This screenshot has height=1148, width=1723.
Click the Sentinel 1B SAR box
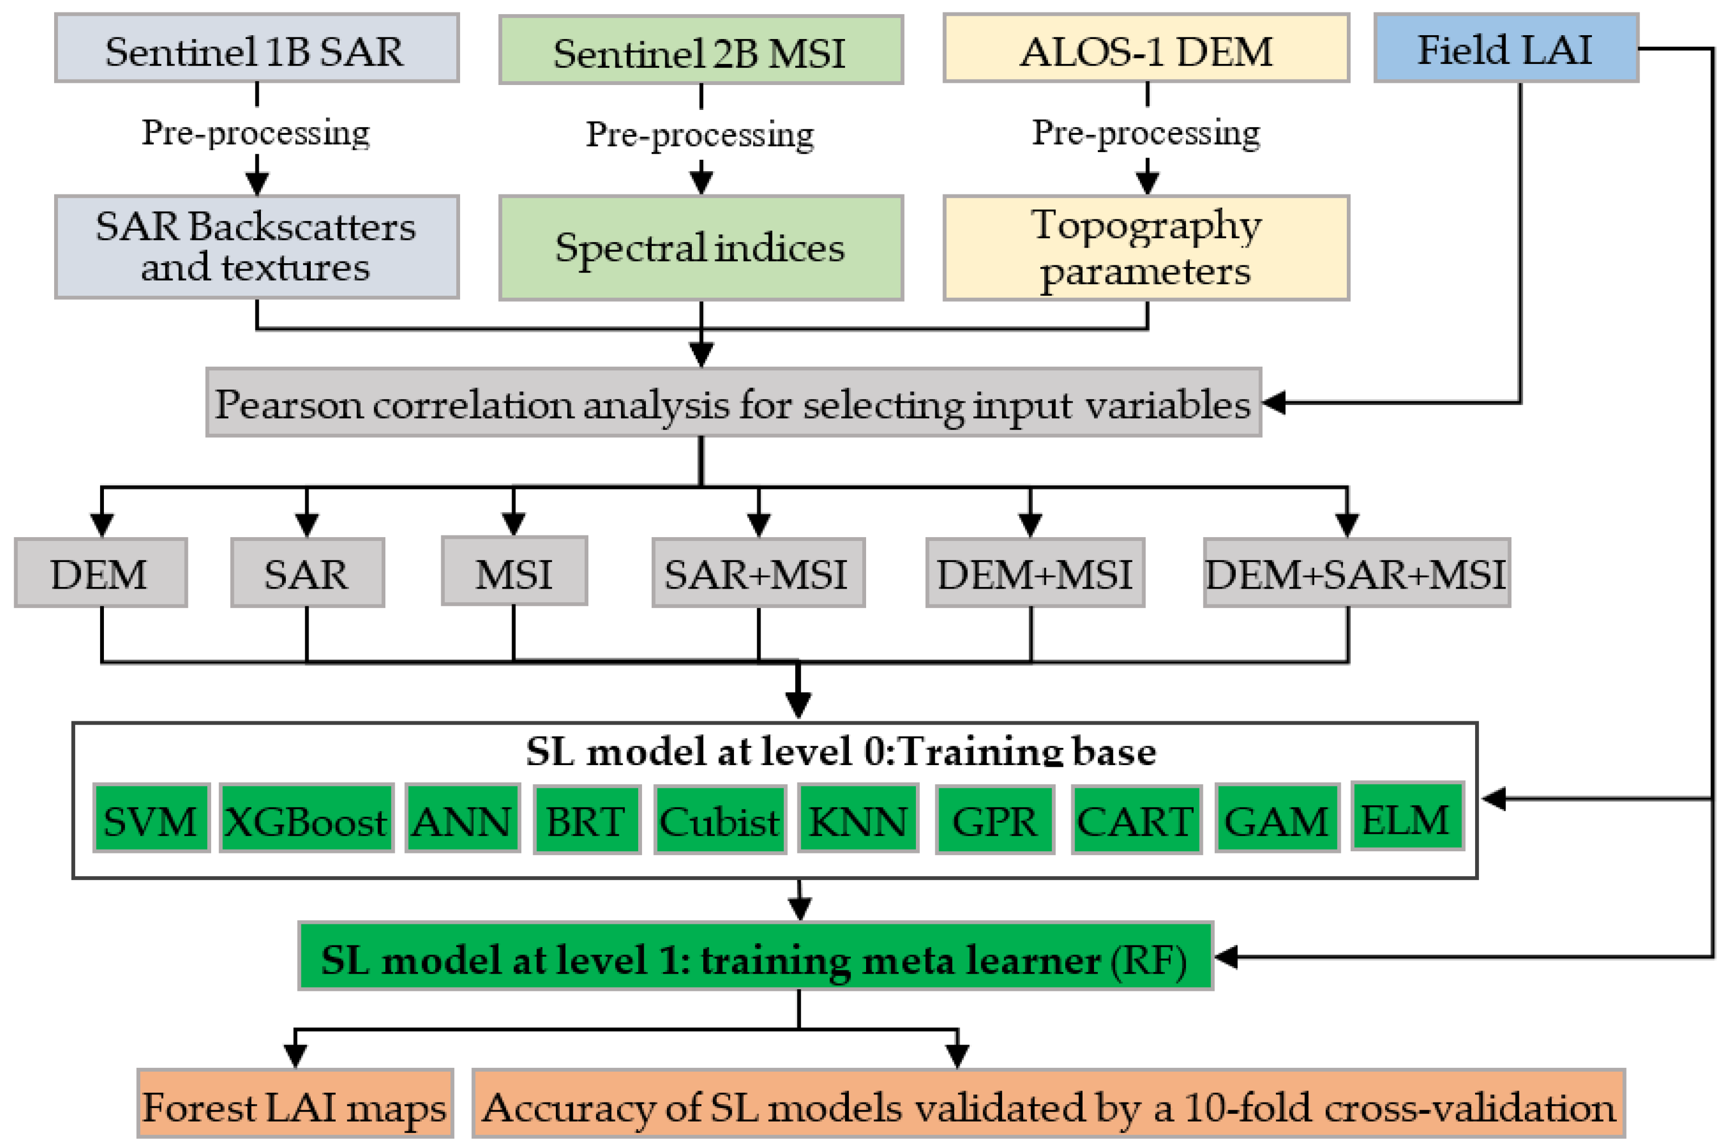coord(256,48)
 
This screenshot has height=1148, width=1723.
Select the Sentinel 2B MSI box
coord(700,50)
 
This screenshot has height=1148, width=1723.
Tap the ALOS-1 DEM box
coord(1145,48)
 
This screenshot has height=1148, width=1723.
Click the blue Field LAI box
coord(1505,48)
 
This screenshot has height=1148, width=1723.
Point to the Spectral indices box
coord(700,247)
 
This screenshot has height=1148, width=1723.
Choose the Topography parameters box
coord(1145,247)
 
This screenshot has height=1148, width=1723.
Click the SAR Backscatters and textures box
coord(256,247)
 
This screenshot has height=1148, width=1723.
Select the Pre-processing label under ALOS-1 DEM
coord(1145,133)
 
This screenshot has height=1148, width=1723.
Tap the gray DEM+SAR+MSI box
coord(1355,573)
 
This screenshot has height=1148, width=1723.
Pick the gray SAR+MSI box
coord(757,573)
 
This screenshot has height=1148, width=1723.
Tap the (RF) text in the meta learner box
coord(1149,959)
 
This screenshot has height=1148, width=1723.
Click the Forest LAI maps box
coord(295,1106)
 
